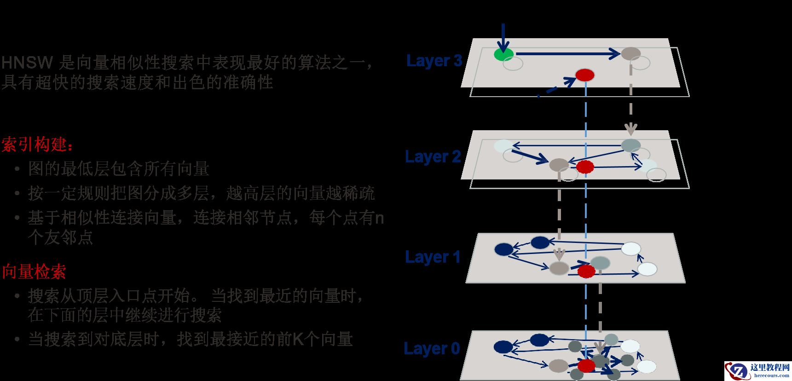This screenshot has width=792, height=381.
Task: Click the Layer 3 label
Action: [x=434, y=61]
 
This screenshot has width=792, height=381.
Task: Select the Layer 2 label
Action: [x=433, y=157]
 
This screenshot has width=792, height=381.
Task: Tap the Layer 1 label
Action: [x=433, y=257]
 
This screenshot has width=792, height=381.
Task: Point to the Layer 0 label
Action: [x=432, y=348]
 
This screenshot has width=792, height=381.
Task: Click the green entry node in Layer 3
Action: [x=504, y=54]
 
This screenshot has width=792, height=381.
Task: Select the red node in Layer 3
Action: [x=585, y=75]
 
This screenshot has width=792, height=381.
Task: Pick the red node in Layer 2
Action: [x=585, y=167]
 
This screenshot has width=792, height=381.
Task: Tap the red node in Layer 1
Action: [x=586, y=271]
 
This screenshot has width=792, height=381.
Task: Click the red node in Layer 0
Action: [x=586, y=366]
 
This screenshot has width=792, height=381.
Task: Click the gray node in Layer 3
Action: [x=630, y=53]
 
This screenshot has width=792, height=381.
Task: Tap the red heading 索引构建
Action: [x=37, y=145]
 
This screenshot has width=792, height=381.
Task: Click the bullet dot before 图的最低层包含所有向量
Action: [x=17, y=170]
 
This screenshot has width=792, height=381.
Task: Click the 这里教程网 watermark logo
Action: [x=757, y=370]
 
